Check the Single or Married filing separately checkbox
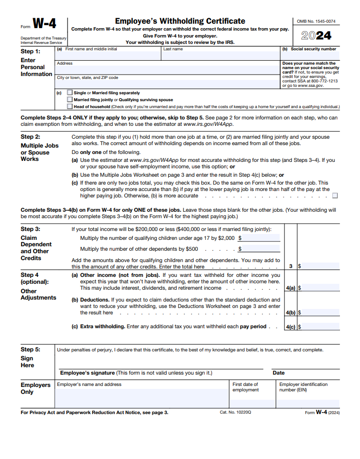tap(70, 93)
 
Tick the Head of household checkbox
tap(70, 106)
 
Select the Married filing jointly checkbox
tap(70, 100)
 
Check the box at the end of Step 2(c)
tap(335, 196)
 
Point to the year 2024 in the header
tap(317, 36)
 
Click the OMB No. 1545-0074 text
tap(316, 21)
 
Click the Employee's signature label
tap(87, 373)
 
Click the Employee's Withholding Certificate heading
tap(180, 21)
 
